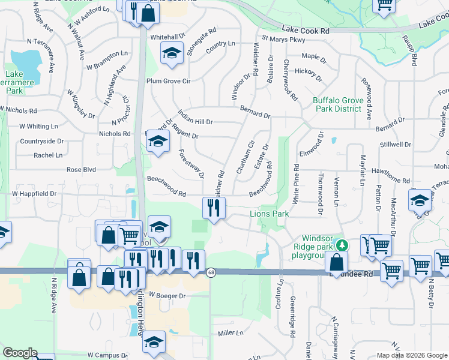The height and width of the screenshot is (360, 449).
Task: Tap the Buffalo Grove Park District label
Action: pos(337,104)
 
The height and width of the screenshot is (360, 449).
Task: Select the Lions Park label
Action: pos(270,214)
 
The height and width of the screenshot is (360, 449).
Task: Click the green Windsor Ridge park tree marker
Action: pos(342,245)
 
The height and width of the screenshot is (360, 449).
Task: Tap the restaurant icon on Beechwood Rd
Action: pos(213,208)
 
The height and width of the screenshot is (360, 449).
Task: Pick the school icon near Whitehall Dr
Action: pos(172,54)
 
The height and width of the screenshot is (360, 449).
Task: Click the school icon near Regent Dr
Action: pos(158,142)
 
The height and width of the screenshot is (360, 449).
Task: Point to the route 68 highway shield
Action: pos(211,272)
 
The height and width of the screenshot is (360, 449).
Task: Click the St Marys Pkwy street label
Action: pos(280,40)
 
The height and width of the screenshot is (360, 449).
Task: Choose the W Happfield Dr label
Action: pos(34,194)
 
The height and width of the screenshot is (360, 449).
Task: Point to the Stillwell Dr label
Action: pos(395,145)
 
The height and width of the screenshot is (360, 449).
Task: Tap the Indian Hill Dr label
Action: pos(195,121)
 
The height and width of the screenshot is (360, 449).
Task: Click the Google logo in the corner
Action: pos(20,353)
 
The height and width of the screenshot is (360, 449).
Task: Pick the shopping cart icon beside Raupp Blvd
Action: pos(384,5)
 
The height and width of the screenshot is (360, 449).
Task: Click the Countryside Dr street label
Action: pos(41,141)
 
